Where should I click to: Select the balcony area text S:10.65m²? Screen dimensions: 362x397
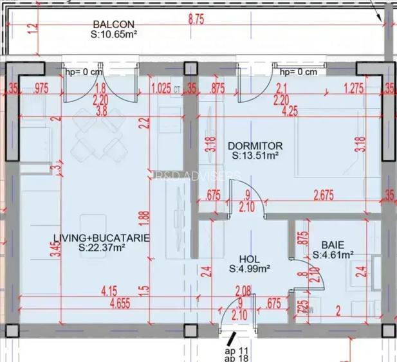coord(116,34)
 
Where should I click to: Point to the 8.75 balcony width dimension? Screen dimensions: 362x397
coord(196,20)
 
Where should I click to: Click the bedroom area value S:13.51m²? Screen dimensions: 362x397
coord(255,155)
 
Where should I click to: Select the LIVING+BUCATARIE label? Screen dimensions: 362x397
coord(101,237)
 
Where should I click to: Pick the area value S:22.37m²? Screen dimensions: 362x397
coord(103,246)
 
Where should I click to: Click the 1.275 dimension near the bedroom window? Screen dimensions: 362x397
coord(355,89)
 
